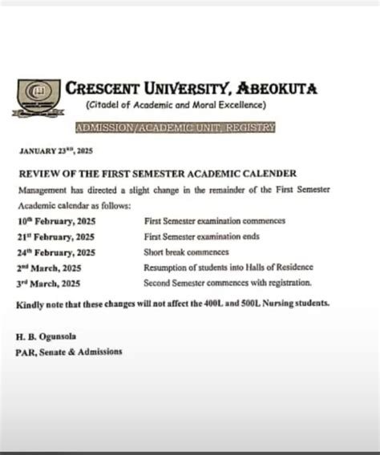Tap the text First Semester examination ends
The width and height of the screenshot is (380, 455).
point(203,236)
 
